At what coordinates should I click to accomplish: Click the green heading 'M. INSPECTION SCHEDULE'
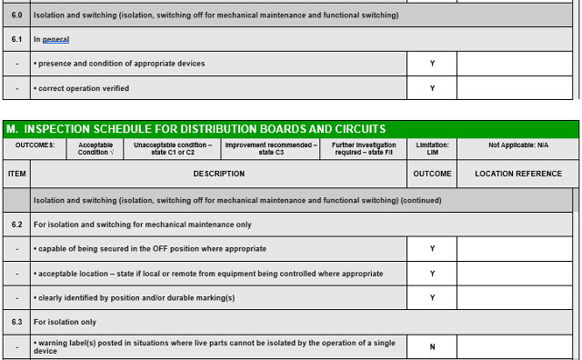pyautogui.click(x=196, y=129)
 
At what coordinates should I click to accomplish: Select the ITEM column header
pyautogui.click(x=16, y=174)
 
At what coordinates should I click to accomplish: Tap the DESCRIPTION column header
pyautogui.click(x=218, y=174)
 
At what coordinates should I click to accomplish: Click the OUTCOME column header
pyautogui.click(x=432, y=174)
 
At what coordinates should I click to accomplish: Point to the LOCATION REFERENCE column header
pyautogui.click(x=518, y=174)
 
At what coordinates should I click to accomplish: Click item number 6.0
pyautogui.click(x=16, y=15)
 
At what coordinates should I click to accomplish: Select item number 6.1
pyautogui.click(x=16, y=40)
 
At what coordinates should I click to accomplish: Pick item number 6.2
pyautogui.click(x=16, y=225)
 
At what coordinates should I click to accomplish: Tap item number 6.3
pyautogui.click(x=16, y=322)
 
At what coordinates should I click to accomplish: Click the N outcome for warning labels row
pyautogui.click(x=432, y=346)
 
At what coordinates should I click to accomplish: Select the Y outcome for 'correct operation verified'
pyautogui.click(x=432, y=88)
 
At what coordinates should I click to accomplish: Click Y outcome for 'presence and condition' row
pyautogui.click(x=432, y=64)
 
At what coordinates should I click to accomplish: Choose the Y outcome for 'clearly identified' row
pyautogui.click(x=432, y=297)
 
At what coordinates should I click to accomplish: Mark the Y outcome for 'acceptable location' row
pyautogui.click(x=432, y=273)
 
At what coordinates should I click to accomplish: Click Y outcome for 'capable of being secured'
pyautogui.click(x=432, y=248)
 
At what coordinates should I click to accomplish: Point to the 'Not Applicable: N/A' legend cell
pyautogui.click(x=517, y=145)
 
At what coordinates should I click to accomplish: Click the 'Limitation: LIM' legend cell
pyautogui.click(x=432, y=148)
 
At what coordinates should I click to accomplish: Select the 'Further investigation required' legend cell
pyautogui.click(x=364, y=148)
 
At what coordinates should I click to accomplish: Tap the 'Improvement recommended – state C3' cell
pyautogui.click(x=271, y=148)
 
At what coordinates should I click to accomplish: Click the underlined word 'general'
pyautogui.click(x=55, y=40)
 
